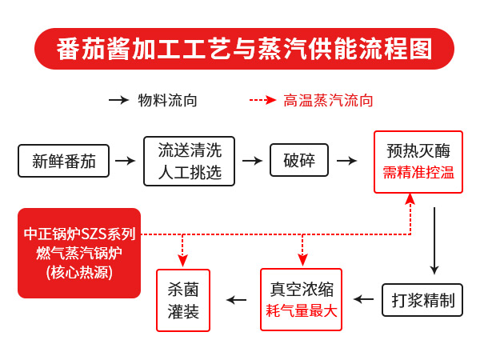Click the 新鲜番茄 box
[64, 160]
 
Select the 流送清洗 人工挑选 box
[190, 161]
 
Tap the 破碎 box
[299, 160]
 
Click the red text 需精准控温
[418, 173]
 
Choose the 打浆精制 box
[422, 300]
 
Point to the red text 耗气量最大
[302, 311]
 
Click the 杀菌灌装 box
[183, 300]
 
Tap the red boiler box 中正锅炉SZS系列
[79, 253]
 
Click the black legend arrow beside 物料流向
[118, 100]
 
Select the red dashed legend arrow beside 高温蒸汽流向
[262, 100]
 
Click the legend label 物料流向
[168, 100]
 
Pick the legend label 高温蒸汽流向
[329, 100]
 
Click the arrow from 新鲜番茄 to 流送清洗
[125, 160]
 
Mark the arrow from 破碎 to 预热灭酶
[346, 160]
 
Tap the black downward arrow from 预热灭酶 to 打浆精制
[434, 240]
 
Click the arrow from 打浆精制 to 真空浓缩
[364, 299]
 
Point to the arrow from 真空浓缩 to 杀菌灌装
[236, 299]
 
